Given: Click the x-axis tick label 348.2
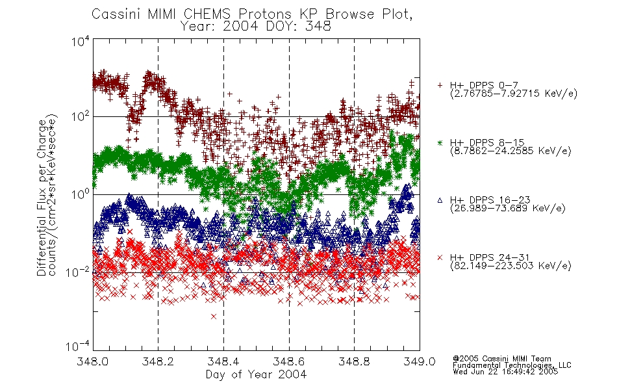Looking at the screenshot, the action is pos(158,361).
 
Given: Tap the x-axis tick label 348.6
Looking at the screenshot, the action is pos(289,361).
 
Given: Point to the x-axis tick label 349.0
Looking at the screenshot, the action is pos(420,361).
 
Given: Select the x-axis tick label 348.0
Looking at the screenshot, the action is pos(92,361).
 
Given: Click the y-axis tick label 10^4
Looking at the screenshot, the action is pos(81,41).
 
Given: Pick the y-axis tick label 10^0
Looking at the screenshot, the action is pos(81,194).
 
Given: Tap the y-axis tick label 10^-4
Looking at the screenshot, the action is pos(78,346).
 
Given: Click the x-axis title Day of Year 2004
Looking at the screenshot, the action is pos(256,374).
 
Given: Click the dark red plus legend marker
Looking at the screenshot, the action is pos(440,85).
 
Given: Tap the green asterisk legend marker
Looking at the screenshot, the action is pos(440,143).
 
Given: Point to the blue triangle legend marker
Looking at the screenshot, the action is pos(440,200).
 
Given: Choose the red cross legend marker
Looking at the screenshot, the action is pos(440,257).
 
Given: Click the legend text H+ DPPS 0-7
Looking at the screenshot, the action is pos(484,85).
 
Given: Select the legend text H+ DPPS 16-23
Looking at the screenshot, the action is pos(490,200).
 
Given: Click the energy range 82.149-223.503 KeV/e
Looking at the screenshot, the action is pos(510,266).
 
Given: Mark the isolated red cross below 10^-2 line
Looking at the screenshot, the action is pos(214,317).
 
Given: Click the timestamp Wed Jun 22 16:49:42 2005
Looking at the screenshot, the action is pos(505,371).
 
